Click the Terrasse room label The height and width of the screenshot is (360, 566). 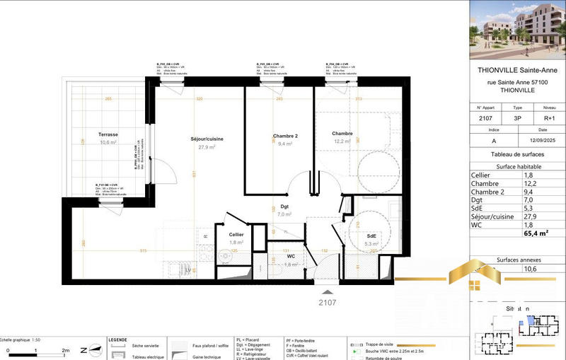[108, 134]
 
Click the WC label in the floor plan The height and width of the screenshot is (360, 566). [281, 256]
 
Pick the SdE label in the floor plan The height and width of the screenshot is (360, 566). [371, 236]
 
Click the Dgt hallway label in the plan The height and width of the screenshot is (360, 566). [285, 207]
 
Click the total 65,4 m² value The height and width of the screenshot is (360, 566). [536, 231]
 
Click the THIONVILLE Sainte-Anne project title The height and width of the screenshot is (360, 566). [517, 69]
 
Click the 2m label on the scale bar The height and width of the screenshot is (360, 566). [66, 350]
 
